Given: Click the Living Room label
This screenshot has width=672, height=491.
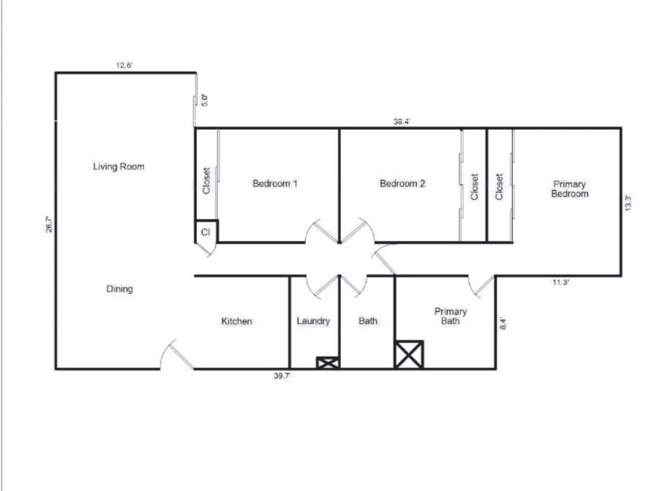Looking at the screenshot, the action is click(118, 167).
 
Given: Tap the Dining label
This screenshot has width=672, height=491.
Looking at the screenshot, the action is click(120, 289).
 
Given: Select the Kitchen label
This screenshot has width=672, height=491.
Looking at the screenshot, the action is click(237, 321).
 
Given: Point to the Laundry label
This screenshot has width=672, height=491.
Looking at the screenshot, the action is click(313, 321).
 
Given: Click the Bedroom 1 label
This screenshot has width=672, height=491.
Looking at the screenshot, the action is click(275, 184).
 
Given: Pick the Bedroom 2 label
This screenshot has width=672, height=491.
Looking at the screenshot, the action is click(403, 184).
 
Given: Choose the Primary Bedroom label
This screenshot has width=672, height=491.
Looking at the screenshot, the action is click(569, 189).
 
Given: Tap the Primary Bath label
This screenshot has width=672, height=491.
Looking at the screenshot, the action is click(450, 316).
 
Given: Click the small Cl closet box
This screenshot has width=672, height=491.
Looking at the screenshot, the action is click(206, 232).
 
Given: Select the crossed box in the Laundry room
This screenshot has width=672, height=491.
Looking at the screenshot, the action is click(328, 363).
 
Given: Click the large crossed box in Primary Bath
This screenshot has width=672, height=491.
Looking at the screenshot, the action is click(409, 354).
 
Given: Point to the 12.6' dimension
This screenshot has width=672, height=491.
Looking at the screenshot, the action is click(124, 66).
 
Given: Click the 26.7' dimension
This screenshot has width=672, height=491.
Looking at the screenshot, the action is click(49, 225).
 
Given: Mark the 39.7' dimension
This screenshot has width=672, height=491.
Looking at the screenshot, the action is click(282, 376).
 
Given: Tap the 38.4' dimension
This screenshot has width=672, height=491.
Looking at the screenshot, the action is click(402, 121).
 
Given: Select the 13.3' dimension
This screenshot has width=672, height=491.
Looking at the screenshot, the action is click(628, 203).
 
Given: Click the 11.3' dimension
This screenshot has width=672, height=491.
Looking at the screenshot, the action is click(560, 282).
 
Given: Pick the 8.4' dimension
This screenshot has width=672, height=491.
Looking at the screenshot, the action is click(503, 323).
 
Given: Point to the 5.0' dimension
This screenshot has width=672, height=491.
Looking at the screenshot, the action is click(205, 100).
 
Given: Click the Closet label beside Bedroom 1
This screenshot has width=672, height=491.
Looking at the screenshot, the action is click(206, 181).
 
